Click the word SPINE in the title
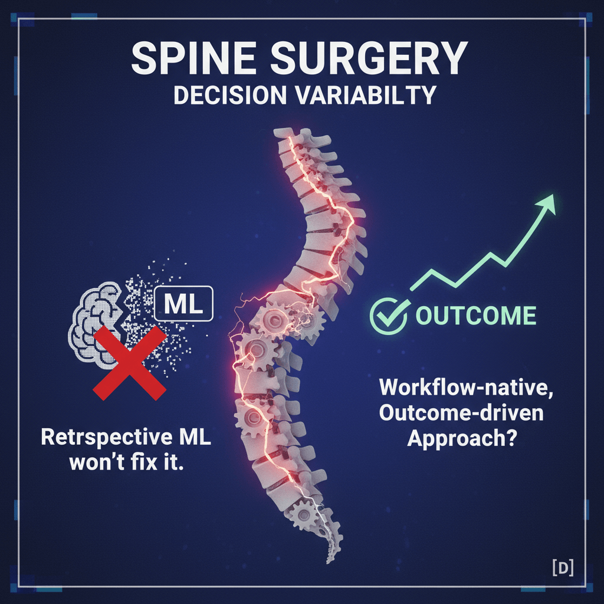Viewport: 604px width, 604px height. pyautogui.click(x=194, y=58)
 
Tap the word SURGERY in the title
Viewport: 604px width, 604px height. pyautogui.click(x=369, y=58)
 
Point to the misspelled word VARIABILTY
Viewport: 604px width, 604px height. pyautogui.click(x=366, y=95)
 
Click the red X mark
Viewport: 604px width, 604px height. pyautogui.click(x=130, y=363)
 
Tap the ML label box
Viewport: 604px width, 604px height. pyautogui.click(x=183, y=304)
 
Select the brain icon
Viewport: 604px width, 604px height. pyautogui.click(x=96, y=324)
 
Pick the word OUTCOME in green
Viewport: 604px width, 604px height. pyautogui.click(x=476, y=316)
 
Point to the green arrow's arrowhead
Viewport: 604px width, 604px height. pyautogui.click(x=546, y=203)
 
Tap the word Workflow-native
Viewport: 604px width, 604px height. pyautogui.click(x=467, y=387)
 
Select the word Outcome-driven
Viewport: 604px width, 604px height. pyautogui.click(x=461, y=412)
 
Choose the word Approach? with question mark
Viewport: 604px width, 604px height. pyautogui.click(x=462, y=438)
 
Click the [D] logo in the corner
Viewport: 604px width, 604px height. pyautogui.click(x=563, y=567)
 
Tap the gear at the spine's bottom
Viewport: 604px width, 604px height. pyautogui.click(x=304, y=516)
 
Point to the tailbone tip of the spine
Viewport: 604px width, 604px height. pyautogui.click(x=329, y=560)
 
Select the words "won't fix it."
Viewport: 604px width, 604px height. pyautogui.click(x=126, y=462)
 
